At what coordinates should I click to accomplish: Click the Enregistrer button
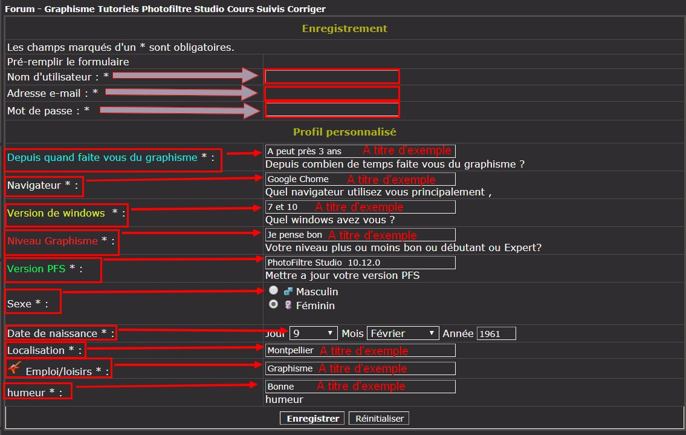[x=312, y=419]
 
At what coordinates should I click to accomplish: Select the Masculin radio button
[x=273, y=290]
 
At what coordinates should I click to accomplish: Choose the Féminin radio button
[x=273, y=304]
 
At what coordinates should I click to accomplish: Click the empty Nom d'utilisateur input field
[x=332, y=77]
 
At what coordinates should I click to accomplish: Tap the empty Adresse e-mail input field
[x=332, y=93]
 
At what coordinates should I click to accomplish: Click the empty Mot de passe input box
[x=332, y=110]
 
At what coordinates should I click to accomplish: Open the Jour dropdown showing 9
[x=313, y=333]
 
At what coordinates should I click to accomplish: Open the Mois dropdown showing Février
[x=403, y=333]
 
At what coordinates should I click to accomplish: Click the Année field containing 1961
[x=496, y=333]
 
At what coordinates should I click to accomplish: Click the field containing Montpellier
[x=360, y=350]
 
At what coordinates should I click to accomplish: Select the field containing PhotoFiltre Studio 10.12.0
[x=360, y=263]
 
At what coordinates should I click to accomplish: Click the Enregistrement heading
[x=345, y=28]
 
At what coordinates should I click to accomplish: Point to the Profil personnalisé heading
[x=345, y=131]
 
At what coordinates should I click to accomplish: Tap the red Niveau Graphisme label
[x=52, y=241]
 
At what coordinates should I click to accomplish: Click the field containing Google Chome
[x=360, y=179]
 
